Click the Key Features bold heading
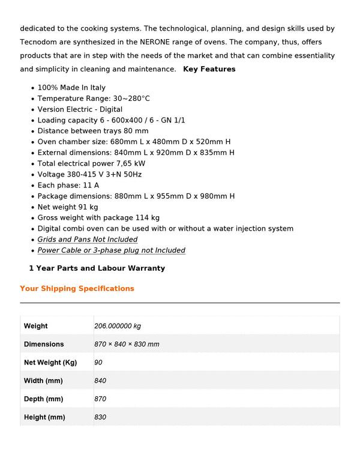click(x=209, y=69)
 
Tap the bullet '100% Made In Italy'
click(x=71, y=88)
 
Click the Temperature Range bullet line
click(x=94, y=98)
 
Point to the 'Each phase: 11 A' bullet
click(x=68, y=185)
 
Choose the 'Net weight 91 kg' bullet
click(x=68, y=207)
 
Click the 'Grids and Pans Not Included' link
click(x=88, y=240)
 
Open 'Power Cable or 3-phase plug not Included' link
click(x=111, y=250)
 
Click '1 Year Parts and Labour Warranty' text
click(x=97, y=268)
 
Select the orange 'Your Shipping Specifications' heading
click(x=77, y=289)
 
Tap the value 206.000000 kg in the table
click(x=118, y=326)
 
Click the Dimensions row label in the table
click(x=44, y=344)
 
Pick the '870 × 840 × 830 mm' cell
click(x=127, y=344)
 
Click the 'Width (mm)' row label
click(x=43, y=381)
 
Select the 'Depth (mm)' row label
click(x=43, y=399)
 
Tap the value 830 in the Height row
click(x=100, y=417)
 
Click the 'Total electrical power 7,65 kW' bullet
click(x=91, y=163)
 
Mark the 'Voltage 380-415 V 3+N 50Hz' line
click(x=89, y=174)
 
